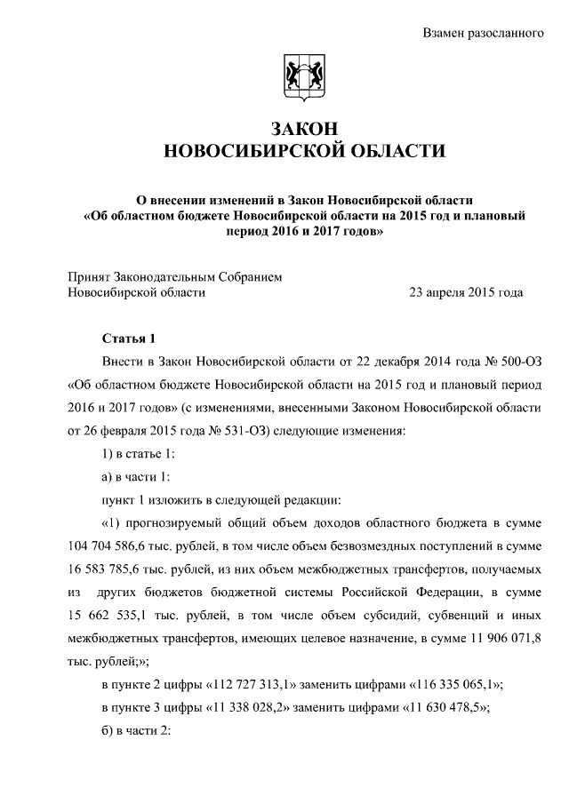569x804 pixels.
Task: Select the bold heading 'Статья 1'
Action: [x=129, y=338]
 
